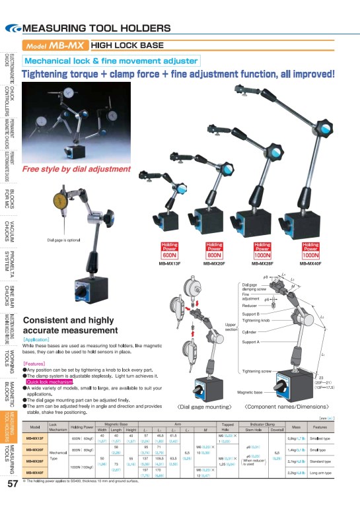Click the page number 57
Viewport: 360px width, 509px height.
click(x=11, y=483)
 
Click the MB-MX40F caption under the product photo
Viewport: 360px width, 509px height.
click(x=310, y=263)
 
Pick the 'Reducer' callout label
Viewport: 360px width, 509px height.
click(x=249, y=306)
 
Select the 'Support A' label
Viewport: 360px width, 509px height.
click(x=251, y=342)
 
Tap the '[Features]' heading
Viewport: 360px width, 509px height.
click(x=34, y=364)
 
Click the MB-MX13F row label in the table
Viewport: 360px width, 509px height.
click(x=35, y=438)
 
